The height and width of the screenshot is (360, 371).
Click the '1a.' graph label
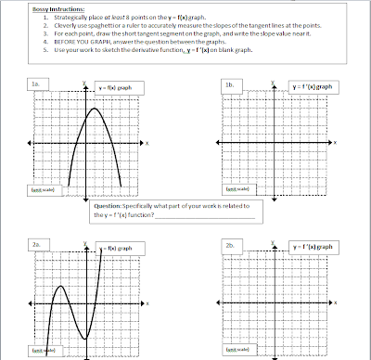coord(34,84)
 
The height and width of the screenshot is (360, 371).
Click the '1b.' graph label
coord(228,84)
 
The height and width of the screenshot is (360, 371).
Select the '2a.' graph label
coord(34,244)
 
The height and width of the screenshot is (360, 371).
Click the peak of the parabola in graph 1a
coord(96,109)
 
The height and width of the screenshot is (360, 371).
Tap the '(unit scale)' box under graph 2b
coord(236,352)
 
